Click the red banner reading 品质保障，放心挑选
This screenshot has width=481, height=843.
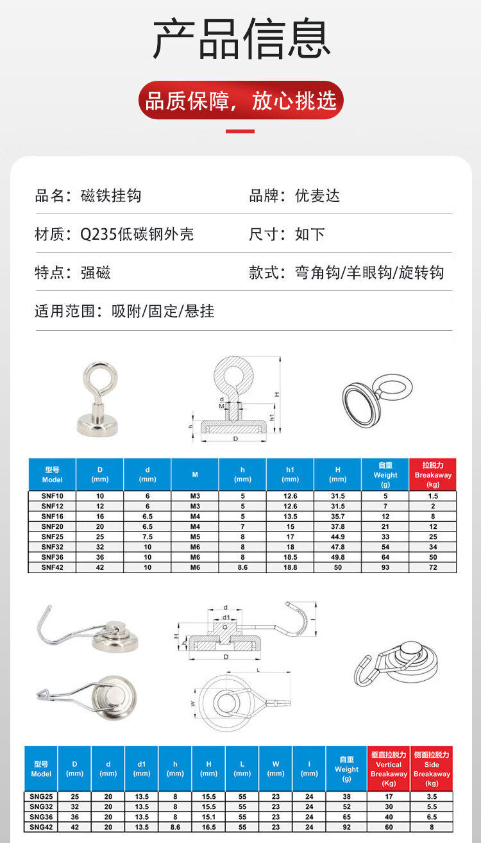point(240,101)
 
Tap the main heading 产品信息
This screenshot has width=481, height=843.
point(240,40)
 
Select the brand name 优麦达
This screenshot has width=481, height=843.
point(317,196)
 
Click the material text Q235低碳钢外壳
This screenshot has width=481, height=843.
point(137,234)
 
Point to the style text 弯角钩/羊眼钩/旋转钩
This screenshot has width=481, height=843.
point(369,272)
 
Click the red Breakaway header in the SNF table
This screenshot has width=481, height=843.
point(433,475)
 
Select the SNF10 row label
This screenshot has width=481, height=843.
point(52,496)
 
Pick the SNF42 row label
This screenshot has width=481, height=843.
point(52,567)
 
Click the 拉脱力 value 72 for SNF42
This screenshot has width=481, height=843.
point(433,567)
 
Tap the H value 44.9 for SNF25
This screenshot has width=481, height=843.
point(337,537)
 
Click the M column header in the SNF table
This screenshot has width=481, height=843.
point(195,475)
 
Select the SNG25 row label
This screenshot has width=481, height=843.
point(41,796)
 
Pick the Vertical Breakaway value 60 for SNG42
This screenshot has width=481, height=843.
point(389,828)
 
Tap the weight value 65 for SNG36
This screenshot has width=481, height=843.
point(346,817)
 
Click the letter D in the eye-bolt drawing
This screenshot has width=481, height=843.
point(235,439)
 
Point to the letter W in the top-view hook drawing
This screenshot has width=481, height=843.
point(192,703)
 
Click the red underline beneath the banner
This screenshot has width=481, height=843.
point(240,131)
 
